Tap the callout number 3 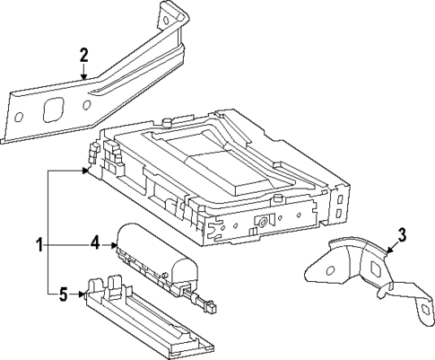point(403,236)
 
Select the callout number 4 point(93,241)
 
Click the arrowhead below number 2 point(85,79)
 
